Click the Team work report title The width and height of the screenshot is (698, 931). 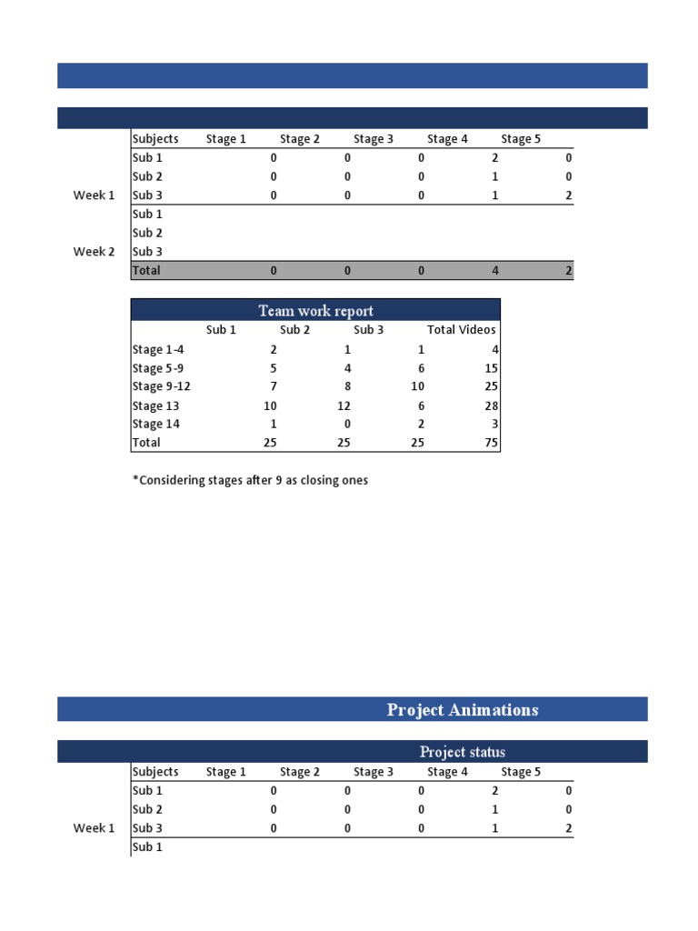pyautogui.click(x=315, y=310)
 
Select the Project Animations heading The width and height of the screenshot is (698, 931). pyautogui.click(x=463, y=710)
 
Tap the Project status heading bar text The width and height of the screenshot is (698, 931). pyautogui.click(x=462, y=752)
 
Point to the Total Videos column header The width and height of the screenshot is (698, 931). pyautogui.click(x=462, y=330)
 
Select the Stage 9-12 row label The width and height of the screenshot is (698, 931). pyautogui.click(x=161, y=386)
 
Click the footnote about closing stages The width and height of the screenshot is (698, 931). pyautogui.click(x=250, y=480)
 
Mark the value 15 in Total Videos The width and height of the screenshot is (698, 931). pyautogui.click(x=489, y=368)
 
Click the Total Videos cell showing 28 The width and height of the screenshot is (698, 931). pyautogui.click(x=489, y=405)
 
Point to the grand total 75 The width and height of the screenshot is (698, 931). pyautogui.click(x=489, y=443)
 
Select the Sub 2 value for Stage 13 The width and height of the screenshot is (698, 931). pyautogui.click(x=344, y=405)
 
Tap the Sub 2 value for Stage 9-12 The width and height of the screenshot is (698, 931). pyautogui.click(x=346, y=386)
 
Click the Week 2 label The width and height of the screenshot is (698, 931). pyautogui.click(x=94, y=252)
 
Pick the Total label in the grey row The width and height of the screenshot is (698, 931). pyautogui.click(x=146, y=270)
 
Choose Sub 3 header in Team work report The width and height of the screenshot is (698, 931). pyautogui.click(x=368, y=330)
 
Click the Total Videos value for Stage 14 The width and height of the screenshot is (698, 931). pyautogui.click(x=492, y=424)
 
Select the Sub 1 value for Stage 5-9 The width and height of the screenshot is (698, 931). pyautogui.click(x=273, y=368)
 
